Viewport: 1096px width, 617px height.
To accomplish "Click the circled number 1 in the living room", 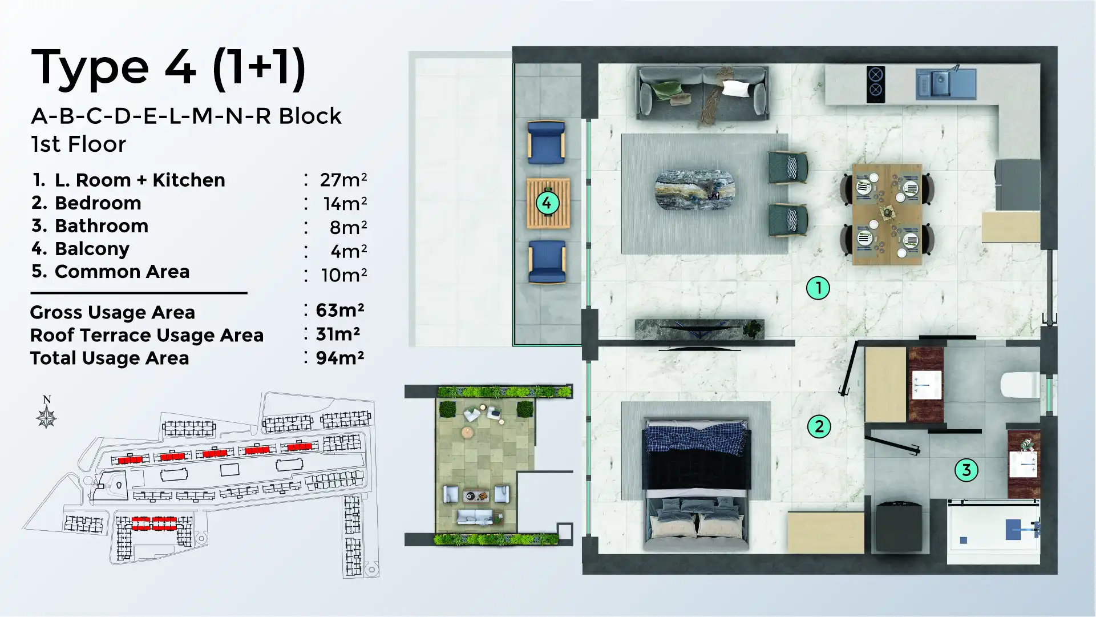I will pos(818,288).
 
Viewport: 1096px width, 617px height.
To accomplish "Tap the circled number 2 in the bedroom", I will pos(819,426).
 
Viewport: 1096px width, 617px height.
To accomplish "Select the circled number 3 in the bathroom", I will pos(966,470).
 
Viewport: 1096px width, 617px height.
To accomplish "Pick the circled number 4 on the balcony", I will pos(547,203).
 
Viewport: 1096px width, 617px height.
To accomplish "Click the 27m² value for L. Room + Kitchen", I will pos(342,180).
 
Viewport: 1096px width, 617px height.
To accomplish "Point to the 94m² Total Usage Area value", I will pos(339,358).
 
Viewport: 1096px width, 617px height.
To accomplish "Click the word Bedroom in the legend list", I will pos(98,203).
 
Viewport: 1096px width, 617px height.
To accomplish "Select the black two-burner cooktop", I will pos(875,83).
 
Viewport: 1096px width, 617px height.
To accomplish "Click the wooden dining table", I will pos(887,214).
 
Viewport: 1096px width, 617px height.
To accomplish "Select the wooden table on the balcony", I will pos(548,203).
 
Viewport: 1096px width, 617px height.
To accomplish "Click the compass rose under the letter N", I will pos(46,418).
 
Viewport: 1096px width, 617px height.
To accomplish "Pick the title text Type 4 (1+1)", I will pos(168,68).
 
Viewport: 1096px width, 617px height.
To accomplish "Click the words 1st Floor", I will pos(78,144).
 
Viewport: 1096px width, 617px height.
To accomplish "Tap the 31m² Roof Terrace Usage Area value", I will pos(337,334).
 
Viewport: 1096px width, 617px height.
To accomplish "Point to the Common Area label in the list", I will pos(122,272).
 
